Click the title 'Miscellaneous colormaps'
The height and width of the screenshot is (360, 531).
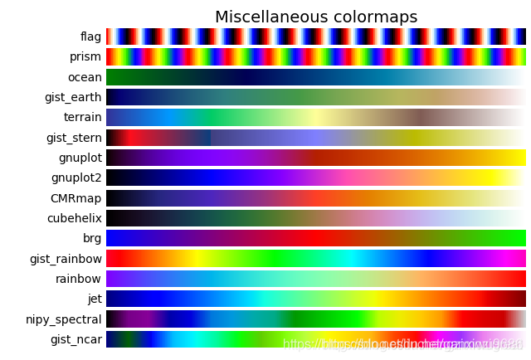coord(316,17)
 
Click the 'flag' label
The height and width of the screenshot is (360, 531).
coord(90,36)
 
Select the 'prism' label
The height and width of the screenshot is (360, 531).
coord(85,56)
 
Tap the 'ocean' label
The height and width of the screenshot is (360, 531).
coord(85,77)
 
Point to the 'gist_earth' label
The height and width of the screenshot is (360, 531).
coord(73,97)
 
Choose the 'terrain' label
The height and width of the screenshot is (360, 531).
coord(82,117)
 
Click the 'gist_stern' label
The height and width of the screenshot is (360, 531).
coord(74,138)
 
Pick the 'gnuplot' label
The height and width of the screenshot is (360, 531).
coord(80,158)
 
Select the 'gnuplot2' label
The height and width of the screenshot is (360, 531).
coord(76,178)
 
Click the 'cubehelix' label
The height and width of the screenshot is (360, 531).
coord(75,218)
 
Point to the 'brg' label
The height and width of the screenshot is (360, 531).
coord(92,238)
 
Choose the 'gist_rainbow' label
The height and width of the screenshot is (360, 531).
coord(66,259)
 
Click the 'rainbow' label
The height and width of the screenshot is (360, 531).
coord(78,279)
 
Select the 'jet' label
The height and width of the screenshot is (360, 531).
coord(94,299)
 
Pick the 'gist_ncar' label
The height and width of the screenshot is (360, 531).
coord(76,339)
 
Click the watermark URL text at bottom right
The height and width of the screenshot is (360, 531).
coord(403,344)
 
